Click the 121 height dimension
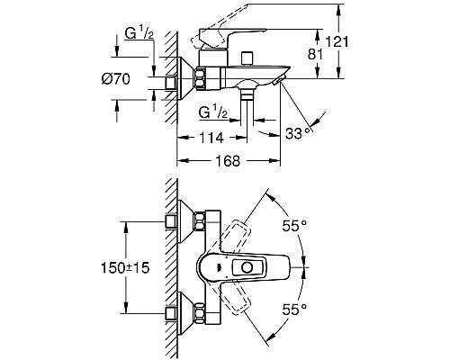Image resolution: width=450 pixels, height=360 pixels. (x=337, y=41)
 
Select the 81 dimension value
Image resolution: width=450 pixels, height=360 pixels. (x=315, y=55)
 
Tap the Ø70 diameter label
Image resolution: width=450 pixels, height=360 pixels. (x=116, y=79)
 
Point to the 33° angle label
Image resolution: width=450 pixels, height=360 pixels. (x=298, y=133)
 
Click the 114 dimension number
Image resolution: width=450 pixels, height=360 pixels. (x=211, y=138)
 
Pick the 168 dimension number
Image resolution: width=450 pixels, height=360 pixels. (x=228, y=161)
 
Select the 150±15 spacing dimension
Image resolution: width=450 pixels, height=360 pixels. (x=125, y=267)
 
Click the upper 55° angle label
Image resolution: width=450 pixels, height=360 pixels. (x=294, y=225)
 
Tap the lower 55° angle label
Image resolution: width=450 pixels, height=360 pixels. (x=294, y=310)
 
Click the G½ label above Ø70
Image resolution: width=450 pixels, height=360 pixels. (x=139, y=34)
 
